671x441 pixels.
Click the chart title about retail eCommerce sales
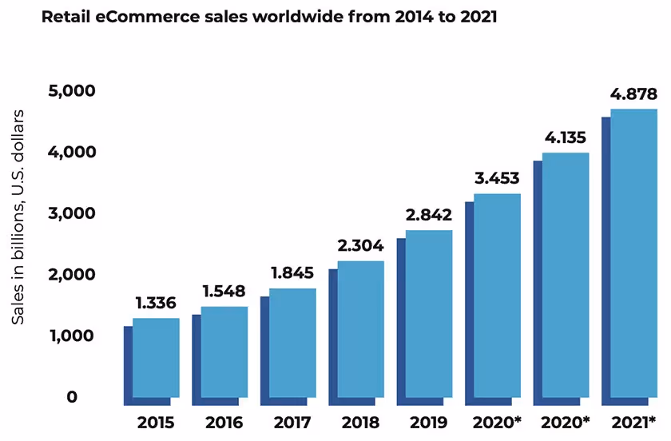click(269, 18)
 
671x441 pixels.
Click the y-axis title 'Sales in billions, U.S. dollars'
click(18, 217)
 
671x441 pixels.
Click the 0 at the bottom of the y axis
click(72, 397)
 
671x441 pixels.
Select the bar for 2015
click(155, 358)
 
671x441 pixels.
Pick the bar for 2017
click(292, 344)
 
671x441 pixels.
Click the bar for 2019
click(429, 314)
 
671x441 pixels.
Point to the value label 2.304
click(359, 245)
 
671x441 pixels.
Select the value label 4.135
click(565, 137)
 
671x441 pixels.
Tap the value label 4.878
click(633, 93)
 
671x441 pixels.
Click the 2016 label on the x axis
click(224, 423)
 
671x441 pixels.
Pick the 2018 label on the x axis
click(360, 423)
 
